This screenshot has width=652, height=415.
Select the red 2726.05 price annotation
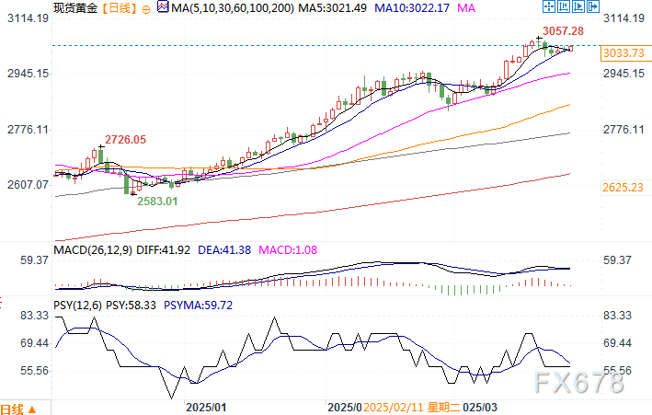pyautogui.click(x=125, y=139)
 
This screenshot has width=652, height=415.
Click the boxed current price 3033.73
pyautogui.click(x=622, y=52)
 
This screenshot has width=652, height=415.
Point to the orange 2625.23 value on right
pyautogui.click(x=622, y=187)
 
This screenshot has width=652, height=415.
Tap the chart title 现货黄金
pyautogui.click(x=73, y=7)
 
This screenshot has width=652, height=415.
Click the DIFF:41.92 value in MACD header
pyautogui.click(x=152, y=249)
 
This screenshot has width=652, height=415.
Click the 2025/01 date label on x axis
pyautogui.click(x=206, y=406)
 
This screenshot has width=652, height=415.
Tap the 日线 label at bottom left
pyautogui.click(x=16, y=408)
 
